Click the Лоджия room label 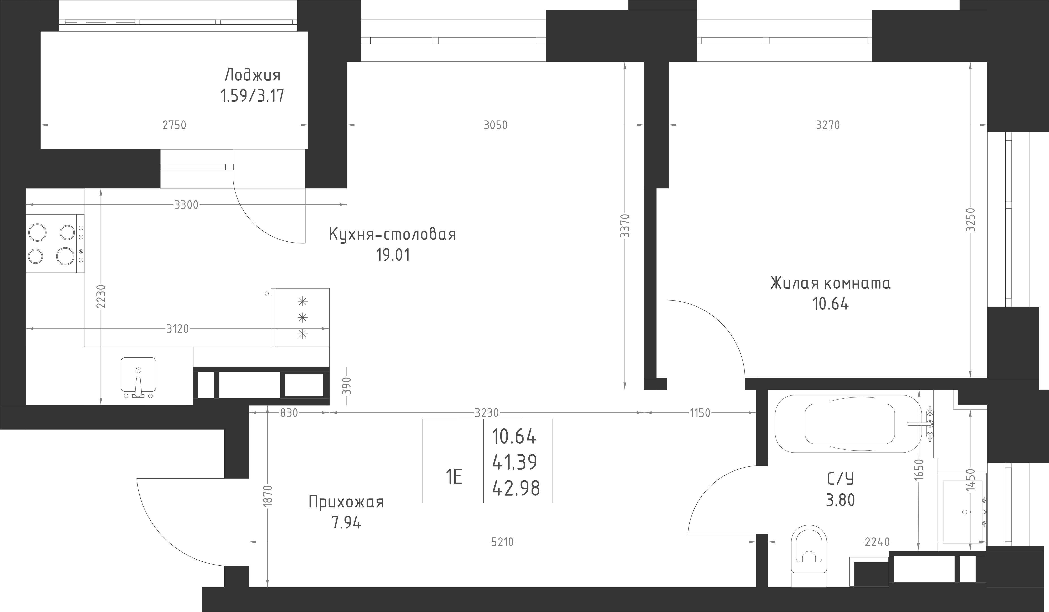[252, 75]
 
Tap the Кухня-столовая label [392, 234]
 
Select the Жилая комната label [830, 283]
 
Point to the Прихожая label [346, 502]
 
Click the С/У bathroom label [840, 479]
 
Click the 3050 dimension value [495, 125]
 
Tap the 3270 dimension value [828, 125]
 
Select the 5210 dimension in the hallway [502, 542]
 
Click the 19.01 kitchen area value [393, 255]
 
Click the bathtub [849, 424]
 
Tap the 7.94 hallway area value [346, 522]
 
